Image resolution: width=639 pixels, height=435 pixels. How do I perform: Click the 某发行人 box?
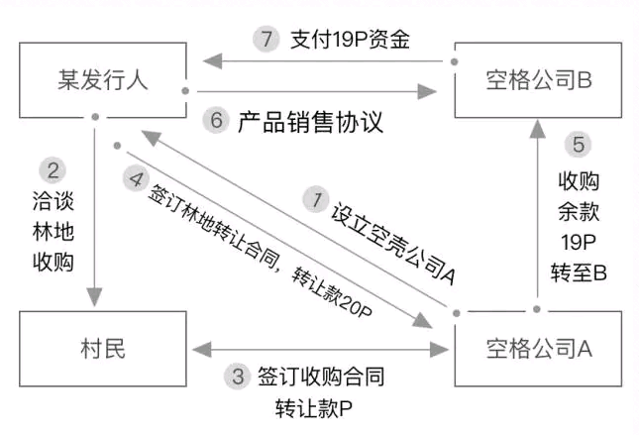coord(102,79)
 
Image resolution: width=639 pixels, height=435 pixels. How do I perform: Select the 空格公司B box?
coord(539,79)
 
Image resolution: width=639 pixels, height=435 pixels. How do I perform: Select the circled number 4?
coord(136,180)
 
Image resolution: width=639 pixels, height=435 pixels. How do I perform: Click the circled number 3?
coord(237,378)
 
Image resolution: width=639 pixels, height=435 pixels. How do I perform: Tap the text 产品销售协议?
coord(309,122)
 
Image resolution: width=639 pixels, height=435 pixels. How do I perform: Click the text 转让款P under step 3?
coord(309,408)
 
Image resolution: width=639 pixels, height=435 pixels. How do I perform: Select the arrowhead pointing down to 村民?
coord(95,296)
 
